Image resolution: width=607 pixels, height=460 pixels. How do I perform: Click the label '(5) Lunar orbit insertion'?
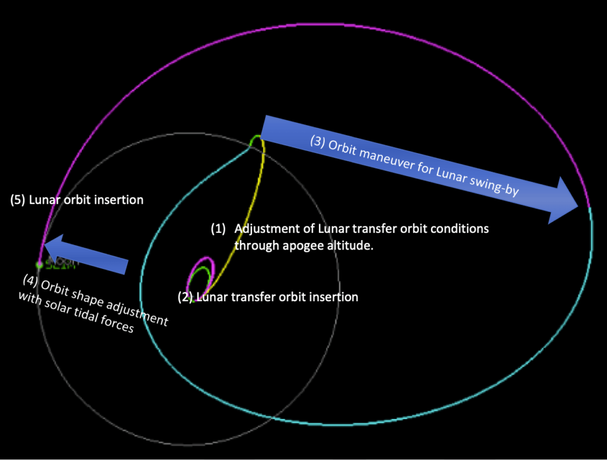pos(77,200)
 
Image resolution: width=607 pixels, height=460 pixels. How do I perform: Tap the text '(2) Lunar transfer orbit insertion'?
pos(268,296)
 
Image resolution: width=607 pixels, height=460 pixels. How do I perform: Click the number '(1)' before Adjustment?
pos(219,229)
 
